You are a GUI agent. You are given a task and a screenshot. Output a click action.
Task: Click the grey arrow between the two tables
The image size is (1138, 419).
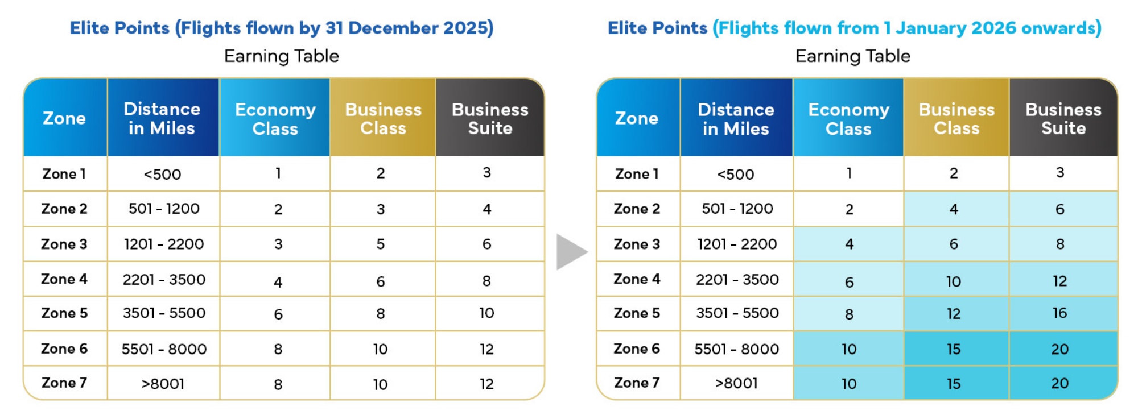(x=571, y=251)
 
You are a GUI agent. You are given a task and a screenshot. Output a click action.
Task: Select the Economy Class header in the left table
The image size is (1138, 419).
(x=275, y=118)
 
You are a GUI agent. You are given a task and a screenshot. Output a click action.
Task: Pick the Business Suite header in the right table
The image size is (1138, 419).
(x=1063, y=118)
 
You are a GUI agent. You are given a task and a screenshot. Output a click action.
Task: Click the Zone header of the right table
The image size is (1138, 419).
(x=637, y=118)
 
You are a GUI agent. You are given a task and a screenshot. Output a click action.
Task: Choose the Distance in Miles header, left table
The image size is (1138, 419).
(x=162, y=118)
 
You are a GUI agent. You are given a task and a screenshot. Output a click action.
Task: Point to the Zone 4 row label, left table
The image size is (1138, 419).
(x=64, y=279)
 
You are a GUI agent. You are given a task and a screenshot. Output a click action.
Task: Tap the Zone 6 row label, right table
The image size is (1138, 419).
(x=637, y=349)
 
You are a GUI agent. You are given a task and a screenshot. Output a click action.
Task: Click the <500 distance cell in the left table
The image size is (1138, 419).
(x=162, y=174)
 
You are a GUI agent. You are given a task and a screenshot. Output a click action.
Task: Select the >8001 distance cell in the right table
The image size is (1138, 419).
(x=736, y=384)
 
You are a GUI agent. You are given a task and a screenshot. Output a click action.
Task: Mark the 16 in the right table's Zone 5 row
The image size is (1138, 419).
(x=1059, y=313)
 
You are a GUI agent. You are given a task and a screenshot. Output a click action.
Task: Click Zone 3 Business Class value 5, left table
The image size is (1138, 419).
(x=381, y=244)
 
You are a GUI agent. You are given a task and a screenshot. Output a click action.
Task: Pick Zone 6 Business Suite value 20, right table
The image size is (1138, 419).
(x=1059, y=349)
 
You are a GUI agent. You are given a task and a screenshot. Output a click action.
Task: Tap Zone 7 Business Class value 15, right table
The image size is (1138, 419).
(x=954, y=384)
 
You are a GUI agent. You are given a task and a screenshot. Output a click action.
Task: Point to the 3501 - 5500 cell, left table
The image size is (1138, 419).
(x=164, y=313)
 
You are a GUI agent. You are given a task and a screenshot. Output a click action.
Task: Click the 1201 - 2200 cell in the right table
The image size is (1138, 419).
(x=737, y=244)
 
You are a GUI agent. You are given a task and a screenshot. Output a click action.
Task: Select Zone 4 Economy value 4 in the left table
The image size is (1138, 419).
(x=278, y=281)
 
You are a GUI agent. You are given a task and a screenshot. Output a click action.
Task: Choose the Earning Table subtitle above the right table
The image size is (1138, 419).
(x=852, y=56)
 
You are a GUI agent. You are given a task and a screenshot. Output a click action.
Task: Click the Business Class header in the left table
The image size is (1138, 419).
(x=383, y=118)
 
